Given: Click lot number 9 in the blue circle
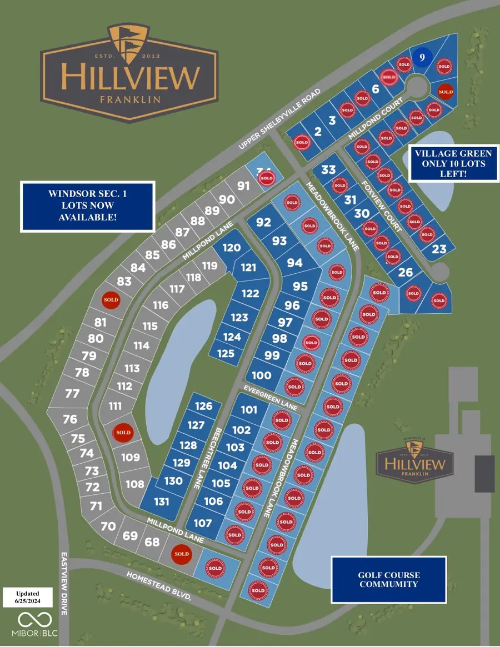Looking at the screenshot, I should (x=422, y=57).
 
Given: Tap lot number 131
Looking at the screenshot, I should (x=161, y=501).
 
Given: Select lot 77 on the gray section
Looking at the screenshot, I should (x=72, y=394).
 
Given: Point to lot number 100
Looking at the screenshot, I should (x=261, y=375).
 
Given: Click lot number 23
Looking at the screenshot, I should (x=439, y=249).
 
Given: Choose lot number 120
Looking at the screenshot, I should (x=232, y=248).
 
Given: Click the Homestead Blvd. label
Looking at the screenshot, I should (x=158, y=585).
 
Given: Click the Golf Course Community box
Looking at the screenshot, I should (x=388, y=580).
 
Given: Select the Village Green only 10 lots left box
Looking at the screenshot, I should (x=453, y=163).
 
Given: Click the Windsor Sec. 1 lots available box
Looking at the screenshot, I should (x=87, y=206).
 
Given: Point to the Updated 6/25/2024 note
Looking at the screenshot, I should (x=28, y=598).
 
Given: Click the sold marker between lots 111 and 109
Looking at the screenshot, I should (x=123, y=432).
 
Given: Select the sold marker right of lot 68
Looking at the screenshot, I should (x=181, y=554).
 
